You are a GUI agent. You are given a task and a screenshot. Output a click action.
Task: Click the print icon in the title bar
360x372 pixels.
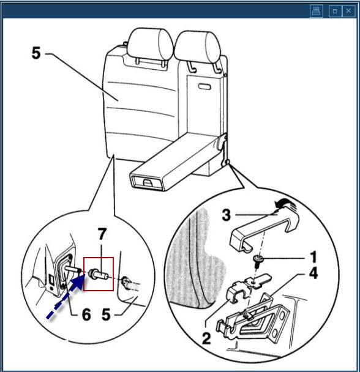click(317, 11)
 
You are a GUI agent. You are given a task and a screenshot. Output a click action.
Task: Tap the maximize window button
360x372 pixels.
click(335, 11)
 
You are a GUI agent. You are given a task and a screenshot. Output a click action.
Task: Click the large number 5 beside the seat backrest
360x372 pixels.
click(36, 53)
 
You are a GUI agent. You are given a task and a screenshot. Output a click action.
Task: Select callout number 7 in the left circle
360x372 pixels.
click(102, 234)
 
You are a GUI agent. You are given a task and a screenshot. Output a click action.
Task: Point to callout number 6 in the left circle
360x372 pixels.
click(86, 314)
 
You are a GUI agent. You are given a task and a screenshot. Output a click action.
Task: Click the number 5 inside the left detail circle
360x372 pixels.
click(106, 314)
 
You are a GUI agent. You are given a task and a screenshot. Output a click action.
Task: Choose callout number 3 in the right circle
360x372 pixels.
click(227, 215)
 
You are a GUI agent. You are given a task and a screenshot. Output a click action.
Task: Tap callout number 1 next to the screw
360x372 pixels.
click(313, 257)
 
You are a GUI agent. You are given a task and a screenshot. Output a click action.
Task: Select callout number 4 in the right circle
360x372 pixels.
click(313, 273)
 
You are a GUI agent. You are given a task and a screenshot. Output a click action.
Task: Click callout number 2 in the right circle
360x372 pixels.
click(206, 338)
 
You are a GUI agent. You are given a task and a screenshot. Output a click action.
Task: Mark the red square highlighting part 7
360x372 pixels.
click(99, 273)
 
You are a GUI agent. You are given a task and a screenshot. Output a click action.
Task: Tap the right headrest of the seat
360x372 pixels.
click(198, 47)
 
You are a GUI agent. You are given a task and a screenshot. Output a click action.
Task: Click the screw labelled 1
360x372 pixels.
click(258, 261)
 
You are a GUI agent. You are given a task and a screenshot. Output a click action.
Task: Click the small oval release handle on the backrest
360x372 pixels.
click(204, 87)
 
